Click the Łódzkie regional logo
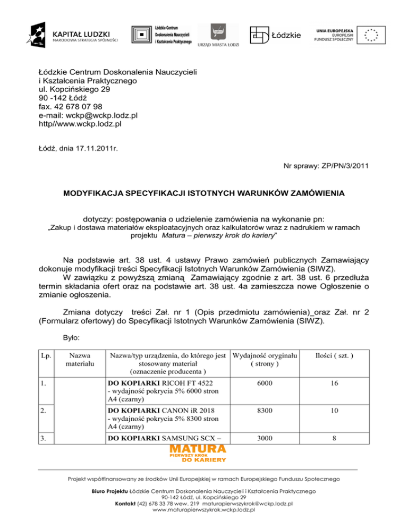click(275, 35)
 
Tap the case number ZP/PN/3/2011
click(340, 167)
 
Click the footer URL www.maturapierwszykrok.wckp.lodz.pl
click(204, 509)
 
